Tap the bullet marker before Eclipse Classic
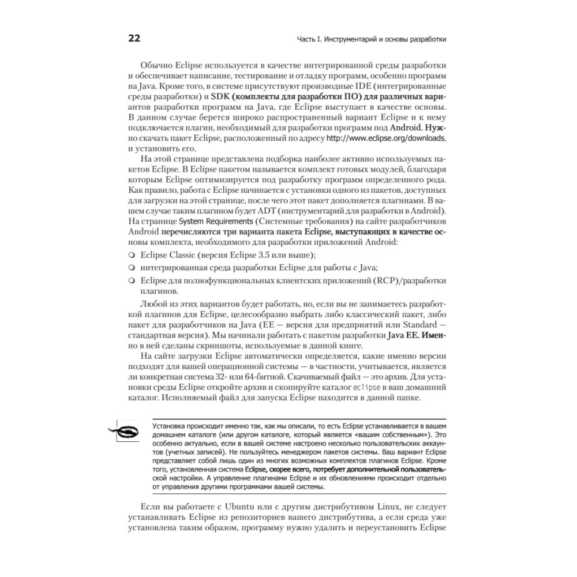tap(132, 255)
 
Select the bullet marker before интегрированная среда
tap(132, 268)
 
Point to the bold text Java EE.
tap(404, 335)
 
